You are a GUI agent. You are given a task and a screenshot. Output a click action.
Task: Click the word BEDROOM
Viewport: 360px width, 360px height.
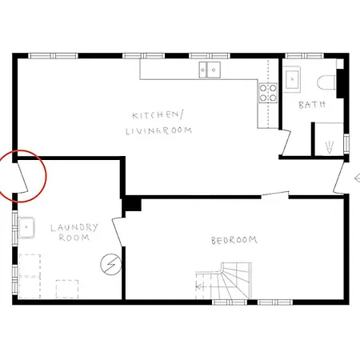tap(234, 240)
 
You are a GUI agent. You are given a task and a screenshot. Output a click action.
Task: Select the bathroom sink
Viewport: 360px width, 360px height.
tap(293, 78)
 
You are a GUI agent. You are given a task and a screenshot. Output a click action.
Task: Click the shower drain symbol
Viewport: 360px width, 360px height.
tap(330, 146)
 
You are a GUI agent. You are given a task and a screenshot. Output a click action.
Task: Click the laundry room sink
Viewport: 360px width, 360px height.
tap(28, 229)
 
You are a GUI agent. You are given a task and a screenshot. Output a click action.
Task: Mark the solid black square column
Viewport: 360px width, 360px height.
tap(132, 204)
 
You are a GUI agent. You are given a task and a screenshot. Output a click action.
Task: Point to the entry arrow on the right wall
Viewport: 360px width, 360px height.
tap(357, 178)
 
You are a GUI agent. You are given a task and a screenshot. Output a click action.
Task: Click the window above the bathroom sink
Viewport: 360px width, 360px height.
tap(294, 56)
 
